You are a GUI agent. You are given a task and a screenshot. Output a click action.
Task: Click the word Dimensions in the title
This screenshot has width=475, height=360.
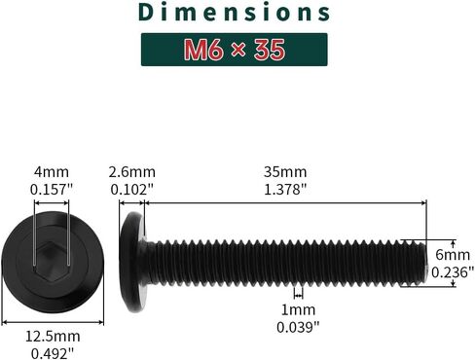pos(235,13)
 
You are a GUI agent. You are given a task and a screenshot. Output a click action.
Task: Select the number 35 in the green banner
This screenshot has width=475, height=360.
pos(270,50)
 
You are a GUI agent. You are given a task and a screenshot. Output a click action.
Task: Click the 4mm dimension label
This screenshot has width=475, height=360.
pos(52,172)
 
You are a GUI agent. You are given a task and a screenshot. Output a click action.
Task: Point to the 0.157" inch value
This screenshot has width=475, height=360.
pos(52,189)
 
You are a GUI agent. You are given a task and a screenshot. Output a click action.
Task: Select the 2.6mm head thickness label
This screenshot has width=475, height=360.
pos(131,172)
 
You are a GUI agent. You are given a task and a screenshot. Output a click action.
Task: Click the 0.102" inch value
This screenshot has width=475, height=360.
pos(131,189)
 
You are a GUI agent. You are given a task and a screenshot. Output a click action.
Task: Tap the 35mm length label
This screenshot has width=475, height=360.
pos(285,172)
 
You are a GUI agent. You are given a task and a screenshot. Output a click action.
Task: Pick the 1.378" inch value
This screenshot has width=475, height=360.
pos(285,189)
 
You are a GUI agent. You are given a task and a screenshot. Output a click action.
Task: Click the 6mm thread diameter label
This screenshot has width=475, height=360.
pos(453,255)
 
